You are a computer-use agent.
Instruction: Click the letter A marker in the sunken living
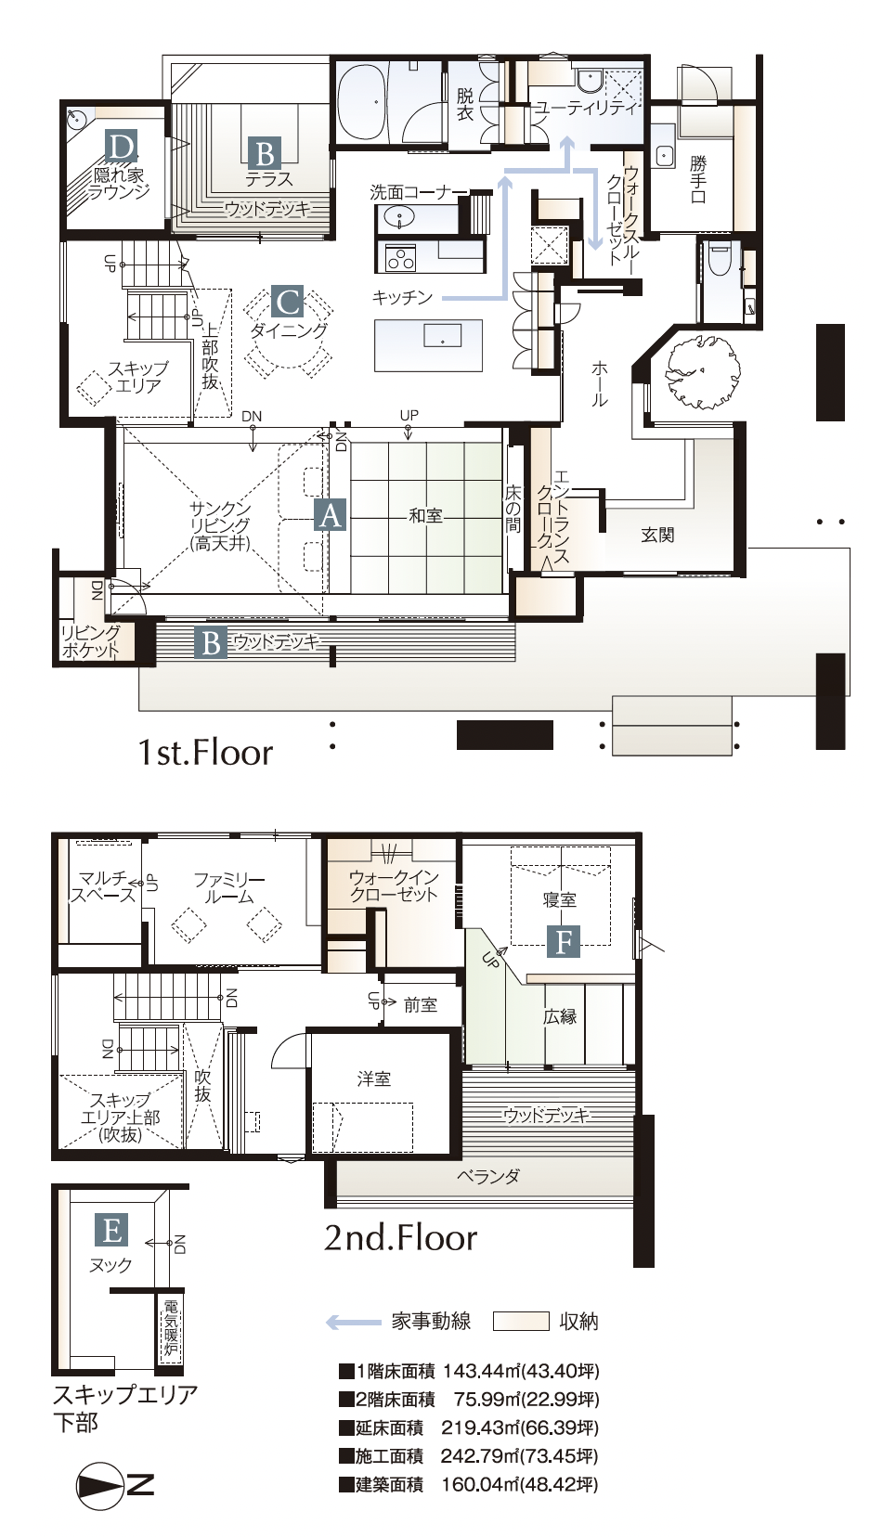point(330,515)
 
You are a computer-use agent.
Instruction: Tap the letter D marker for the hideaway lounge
point(120,147)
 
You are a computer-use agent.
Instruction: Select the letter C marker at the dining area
point(288,302)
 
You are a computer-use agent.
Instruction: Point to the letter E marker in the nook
point(111,1231)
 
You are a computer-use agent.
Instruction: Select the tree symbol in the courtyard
point(698,369)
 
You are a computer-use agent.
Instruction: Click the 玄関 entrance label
point(657,536)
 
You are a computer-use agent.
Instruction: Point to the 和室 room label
point(425,516)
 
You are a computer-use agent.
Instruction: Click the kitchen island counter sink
point(442,335)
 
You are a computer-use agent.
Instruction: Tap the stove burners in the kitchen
point(401,257)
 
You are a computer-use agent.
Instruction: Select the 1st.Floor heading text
point(205,752)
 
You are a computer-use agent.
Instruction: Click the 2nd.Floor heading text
point(400,1237)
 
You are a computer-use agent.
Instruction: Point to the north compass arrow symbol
point(100,1486)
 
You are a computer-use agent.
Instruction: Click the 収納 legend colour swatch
point(521,1322)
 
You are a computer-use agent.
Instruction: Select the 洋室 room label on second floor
point(374,1078)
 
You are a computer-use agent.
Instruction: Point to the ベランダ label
point(488,1177)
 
